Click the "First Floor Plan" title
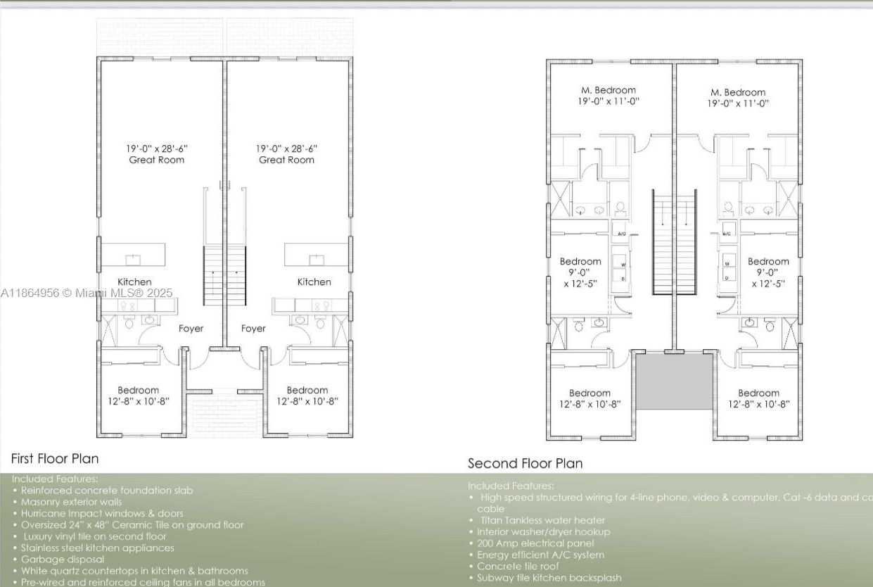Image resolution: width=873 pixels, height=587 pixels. [x=55, y=459]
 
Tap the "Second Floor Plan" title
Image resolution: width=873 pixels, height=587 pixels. [x=525, y=463]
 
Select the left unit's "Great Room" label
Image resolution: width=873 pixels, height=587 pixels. [x=157, y=160]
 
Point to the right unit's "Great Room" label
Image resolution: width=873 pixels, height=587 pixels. [x=286, y=160]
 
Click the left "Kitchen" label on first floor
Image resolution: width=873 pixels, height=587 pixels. [x=134, y=282]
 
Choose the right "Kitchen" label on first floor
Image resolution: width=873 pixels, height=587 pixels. [x=314, y=282]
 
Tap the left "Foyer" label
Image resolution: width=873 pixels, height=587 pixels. [x=191, y=328]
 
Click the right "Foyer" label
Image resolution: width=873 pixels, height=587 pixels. [x=253, y=328]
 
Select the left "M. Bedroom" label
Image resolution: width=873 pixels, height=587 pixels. [x=608, y=90]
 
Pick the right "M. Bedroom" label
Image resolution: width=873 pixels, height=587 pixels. [x=738, y=92]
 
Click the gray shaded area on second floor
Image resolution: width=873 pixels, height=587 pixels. [x=675, y=381]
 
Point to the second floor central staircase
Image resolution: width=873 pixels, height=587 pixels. [x=675, y=243]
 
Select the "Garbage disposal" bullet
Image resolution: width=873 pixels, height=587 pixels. [x=62, y=559]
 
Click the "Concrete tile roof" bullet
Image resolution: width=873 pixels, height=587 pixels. [x=518, y=566]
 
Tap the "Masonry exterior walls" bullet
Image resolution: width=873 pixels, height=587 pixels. [x=71, y=502]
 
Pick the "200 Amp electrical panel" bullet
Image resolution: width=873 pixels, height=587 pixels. [x=535, y=543]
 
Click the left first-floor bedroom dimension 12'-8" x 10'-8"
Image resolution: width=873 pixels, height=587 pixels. [x=138, y=401]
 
